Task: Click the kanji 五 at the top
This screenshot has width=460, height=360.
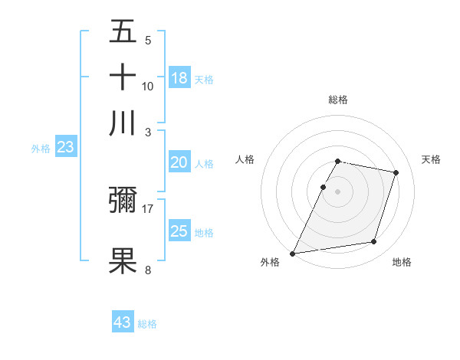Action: coord(123,31)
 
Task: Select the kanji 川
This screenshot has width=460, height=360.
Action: coord(123,123)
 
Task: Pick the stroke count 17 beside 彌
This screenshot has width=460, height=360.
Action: coord(148,208)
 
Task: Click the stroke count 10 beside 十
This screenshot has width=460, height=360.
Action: coord(148,86)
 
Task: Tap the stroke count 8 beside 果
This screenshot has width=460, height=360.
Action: coord(148,270)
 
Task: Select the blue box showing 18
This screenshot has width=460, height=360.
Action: coord(179,77)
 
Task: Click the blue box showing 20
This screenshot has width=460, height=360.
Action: coord(179,162)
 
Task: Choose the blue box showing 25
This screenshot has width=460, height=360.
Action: coord(179,231)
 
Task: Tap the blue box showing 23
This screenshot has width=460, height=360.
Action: coord(65,148)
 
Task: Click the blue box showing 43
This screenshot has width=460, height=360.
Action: coord(123,322)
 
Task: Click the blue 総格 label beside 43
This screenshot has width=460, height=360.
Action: coord(147,324)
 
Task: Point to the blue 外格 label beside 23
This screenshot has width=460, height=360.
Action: coord(41,149)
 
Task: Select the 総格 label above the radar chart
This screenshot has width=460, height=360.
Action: coord(337,100)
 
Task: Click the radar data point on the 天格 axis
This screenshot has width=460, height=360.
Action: coord(396,172)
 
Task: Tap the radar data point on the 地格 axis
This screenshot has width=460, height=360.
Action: coord(374,242)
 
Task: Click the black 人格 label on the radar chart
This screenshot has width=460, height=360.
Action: coord(245,159)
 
